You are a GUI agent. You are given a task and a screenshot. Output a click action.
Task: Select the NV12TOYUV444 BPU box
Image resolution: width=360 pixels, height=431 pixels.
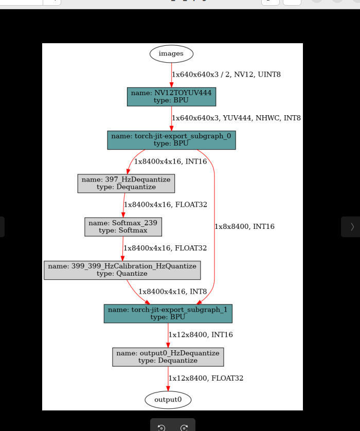pos(171,97)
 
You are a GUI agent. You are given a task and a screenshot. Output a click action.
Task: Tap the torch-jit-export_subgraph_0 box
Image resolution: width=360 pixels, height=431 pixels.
pos(171,140)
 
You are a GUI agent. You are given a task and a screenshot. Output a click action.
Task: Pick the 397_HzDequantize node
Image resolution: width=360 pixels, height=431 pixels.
pos(126,183)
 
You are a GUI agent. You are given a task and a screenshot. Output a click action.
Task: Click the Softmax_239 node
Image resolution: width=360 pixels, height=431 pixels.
pos(123,227)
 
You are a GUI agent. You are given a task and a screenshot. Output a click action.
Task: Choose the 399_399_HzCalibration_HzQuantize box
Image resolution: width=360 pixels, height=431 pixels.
pos(122,270)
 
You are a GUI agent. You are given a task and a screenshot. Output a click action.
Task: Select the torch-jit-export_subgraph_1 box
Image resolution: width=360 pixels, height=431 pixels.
pos(168,314)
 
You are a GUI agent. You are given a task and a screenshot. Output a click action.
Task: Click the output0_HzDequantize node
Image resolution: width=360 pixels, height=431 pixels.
pos(168,357)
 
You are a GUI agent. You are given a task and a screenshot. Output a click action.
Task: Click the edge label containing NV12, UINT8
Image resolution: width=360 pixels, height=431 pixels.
pos(226,75)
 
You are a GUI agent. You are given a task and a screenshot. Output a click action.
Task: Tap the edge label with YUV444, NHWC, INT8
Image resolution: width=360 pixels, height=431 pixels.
pos(237,118)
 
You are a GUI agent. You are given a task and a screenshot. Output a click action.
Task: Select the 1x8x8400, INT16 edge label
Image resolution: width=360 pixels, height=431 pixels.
pos(245,226)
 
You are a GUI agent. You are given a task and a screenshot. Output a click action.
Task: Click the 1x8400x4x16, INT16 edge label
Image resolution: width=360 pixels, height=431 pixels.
pos(170,161)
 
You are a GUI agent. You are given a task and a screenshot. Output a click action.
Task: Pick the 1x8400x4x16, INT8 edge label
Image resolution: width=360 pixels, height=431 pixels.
pos(173,292)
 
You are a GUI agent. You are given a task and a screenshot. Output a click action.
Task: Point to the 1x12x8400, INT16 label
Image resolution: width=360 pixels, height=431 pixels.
pos(201,334)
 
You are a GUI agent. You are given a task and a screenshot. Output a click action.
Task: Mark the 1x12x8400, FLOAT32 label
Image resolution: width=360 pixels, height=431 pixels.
pos(206,378)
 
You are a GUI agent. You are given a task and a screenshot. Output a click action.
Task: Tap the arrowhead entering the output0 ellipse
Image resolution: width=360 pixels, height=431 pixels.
pos(168,388)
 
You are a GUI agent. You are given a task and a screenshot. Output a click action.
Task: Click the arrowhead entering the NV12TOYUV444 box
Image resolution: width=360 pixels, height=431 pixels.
pos(171,85)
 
